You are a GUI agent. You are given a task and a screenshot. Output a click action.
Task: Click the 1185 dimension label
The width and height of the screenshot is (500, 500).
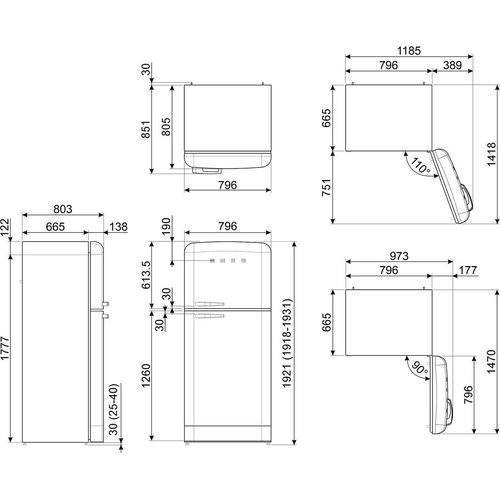(x=409, y=51)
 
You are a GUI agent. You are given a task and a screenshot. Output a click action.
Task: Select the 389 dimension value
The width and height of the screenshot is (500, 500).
(x=452, y=65)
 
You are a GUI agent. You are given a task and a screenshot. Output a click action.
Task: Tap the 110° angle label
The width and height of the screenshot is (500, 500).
(x=420, y=166)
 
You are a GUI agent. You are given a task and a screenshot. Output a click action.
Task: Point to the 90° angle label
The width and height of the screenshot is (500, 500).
(x=419, y=368)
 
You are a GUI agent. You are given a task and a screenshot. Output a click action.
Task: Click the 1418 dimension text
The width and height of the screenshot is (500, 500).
(x=491, y=154)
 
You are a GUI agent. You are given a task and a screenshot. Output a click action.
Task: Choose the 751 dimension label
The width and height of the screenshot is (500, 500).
(x=326, y=187)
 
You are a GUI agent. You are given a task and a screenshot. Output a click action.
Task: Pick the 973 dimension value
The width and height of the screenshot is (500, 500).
(x=399, y=256)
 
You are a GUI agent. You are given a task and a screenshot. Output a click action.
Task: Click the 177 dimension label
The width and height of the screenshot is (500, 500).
(x=468, y=270)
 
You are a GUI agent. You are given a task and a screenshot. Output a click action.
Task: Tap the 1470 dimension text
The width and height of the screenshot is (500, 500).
(x=491, y=362)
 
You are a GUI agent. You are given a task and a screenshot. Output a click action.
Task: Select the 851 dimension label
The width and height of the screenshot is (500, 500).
(x=146, y=129)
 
